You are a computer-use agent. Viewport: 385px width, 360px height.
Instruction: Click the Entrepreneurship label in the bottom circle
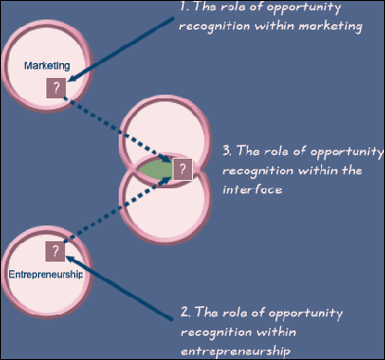(x=45, y=274)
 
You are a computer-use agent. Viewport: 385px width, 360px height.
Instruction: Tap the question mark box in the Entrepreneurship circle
(x=56, y=251)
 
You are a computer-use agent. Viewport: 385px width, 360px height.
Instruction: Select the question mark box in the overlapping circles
(x=183, y=169)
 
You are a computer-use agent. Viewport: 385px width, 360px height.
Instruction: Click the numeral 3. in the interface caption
(x=227, y=149)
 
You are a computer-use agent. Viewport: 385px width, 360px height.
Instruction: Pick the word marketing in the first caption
(x=328, y=26)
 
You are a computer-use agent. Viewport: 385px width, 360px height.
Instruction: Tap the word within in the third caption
(x=310, y=169)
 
